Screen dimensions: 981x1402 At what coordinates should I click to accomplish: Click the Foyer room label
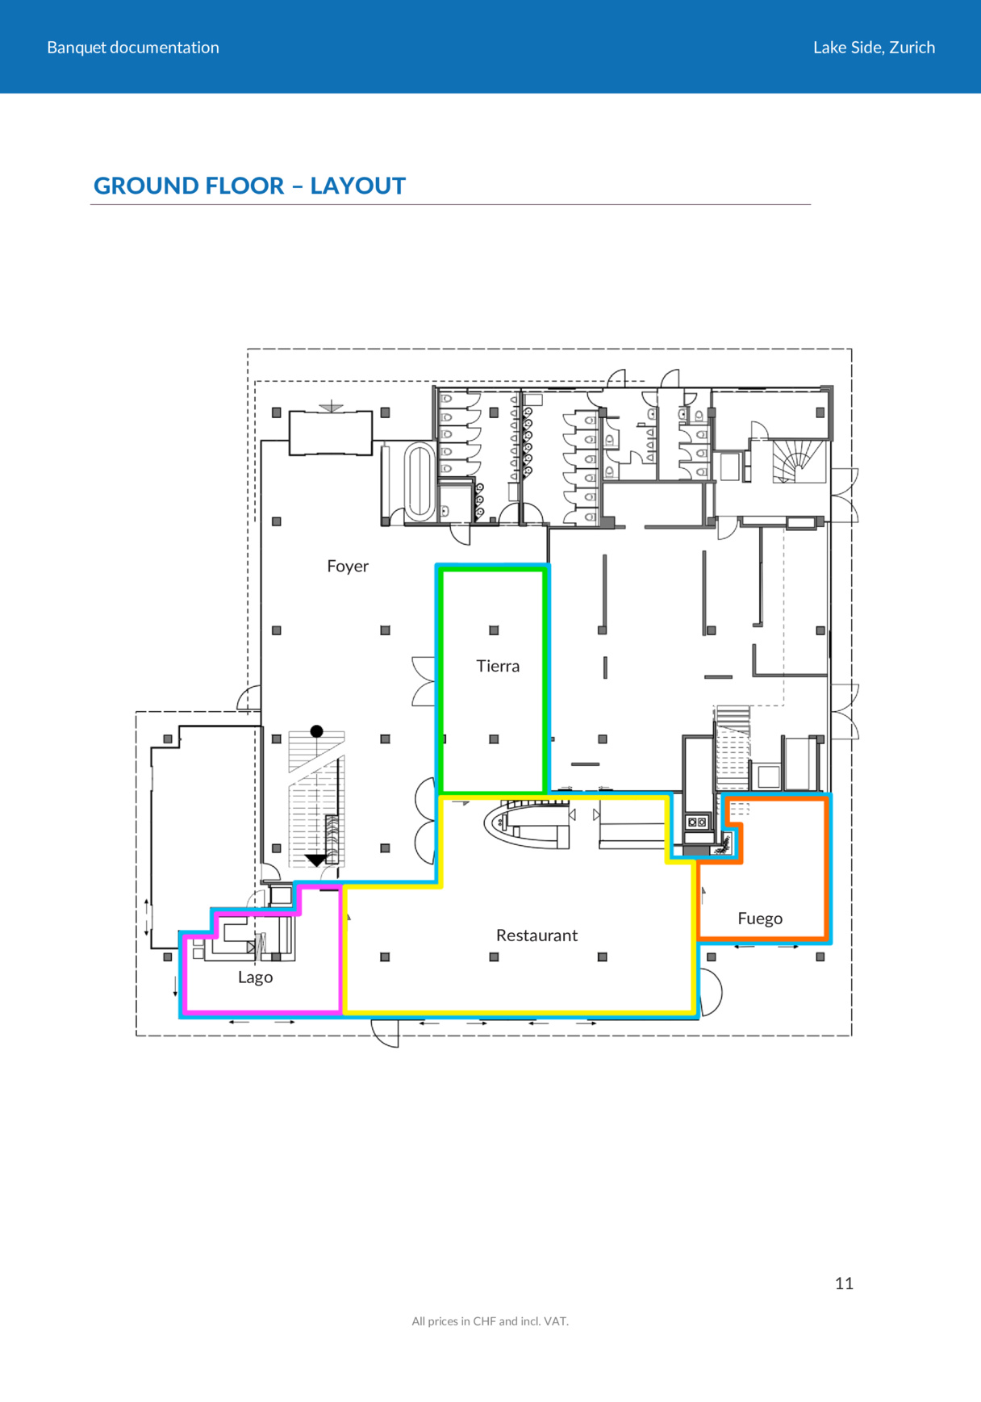tap(348, 567)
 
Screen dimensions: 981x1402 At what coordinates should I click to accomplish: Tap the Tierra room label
tap(498, 666)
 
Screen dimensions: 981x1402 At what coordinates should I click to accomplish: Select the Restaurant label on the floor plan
tap(536, 935)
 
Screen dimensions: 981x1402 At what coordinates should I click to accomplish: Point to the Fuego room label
tap(760, 919)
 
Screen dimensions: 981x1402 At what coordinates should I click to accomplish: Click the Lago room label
tap(255, 978)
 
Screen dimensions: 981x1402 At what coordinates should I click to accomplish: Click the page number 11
tap(844, 1283)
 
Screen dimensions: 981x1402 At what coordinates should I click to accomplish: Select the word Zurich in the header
tap(912, 48)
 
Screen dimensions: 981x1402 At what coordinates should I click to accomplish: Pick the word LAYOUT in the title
tap(358, 186)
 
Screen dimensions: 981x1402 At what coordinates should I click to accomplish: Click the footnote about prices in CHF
tap(490, 1321)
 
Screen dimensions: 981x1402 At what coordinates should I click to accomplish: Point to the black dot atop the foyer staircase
tap(317, 731)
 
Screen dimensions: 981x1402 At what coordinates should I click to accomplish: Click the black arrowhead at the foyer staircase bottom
tap(316, 860)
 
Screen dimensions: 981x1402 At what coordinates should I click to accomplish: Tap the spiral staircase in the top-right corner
tap(798, 462)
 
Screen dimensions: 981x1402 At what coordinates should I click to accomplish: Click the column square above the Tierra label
tap(494, 630)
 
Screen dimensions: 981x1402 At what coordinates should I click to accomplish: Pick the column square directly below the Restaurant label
tap(494, 957)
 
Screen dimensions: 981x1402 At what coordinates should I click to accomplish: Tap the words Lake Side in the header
tap(848, 48)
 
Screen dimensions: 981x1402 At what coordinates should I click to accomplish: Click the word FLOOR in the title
tap(245, 186)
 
